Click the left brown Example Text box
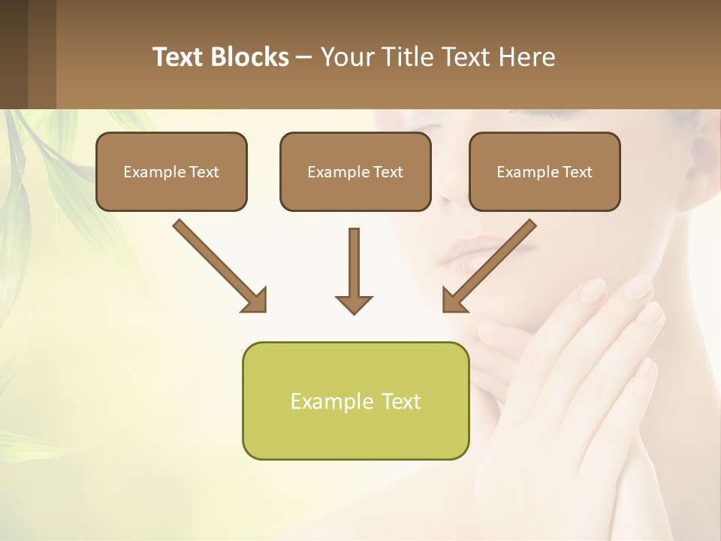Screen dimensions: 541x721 (171, 171)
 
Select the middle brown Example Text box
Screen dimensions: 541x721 (355, 171)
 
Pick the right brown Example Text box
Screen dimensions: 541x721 (545, 171)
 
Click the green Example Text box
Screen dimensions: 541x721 (355, 400)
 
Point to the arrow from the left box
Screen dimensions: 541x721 (220, 266)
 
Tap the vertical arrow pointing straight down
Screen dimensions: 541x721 (354, 270)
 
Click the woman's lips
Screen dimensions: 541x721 (469, 252)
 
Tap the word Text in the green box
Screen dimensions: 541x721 (401, 401)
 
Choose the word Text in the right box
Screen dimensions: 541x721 (577, 172)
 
